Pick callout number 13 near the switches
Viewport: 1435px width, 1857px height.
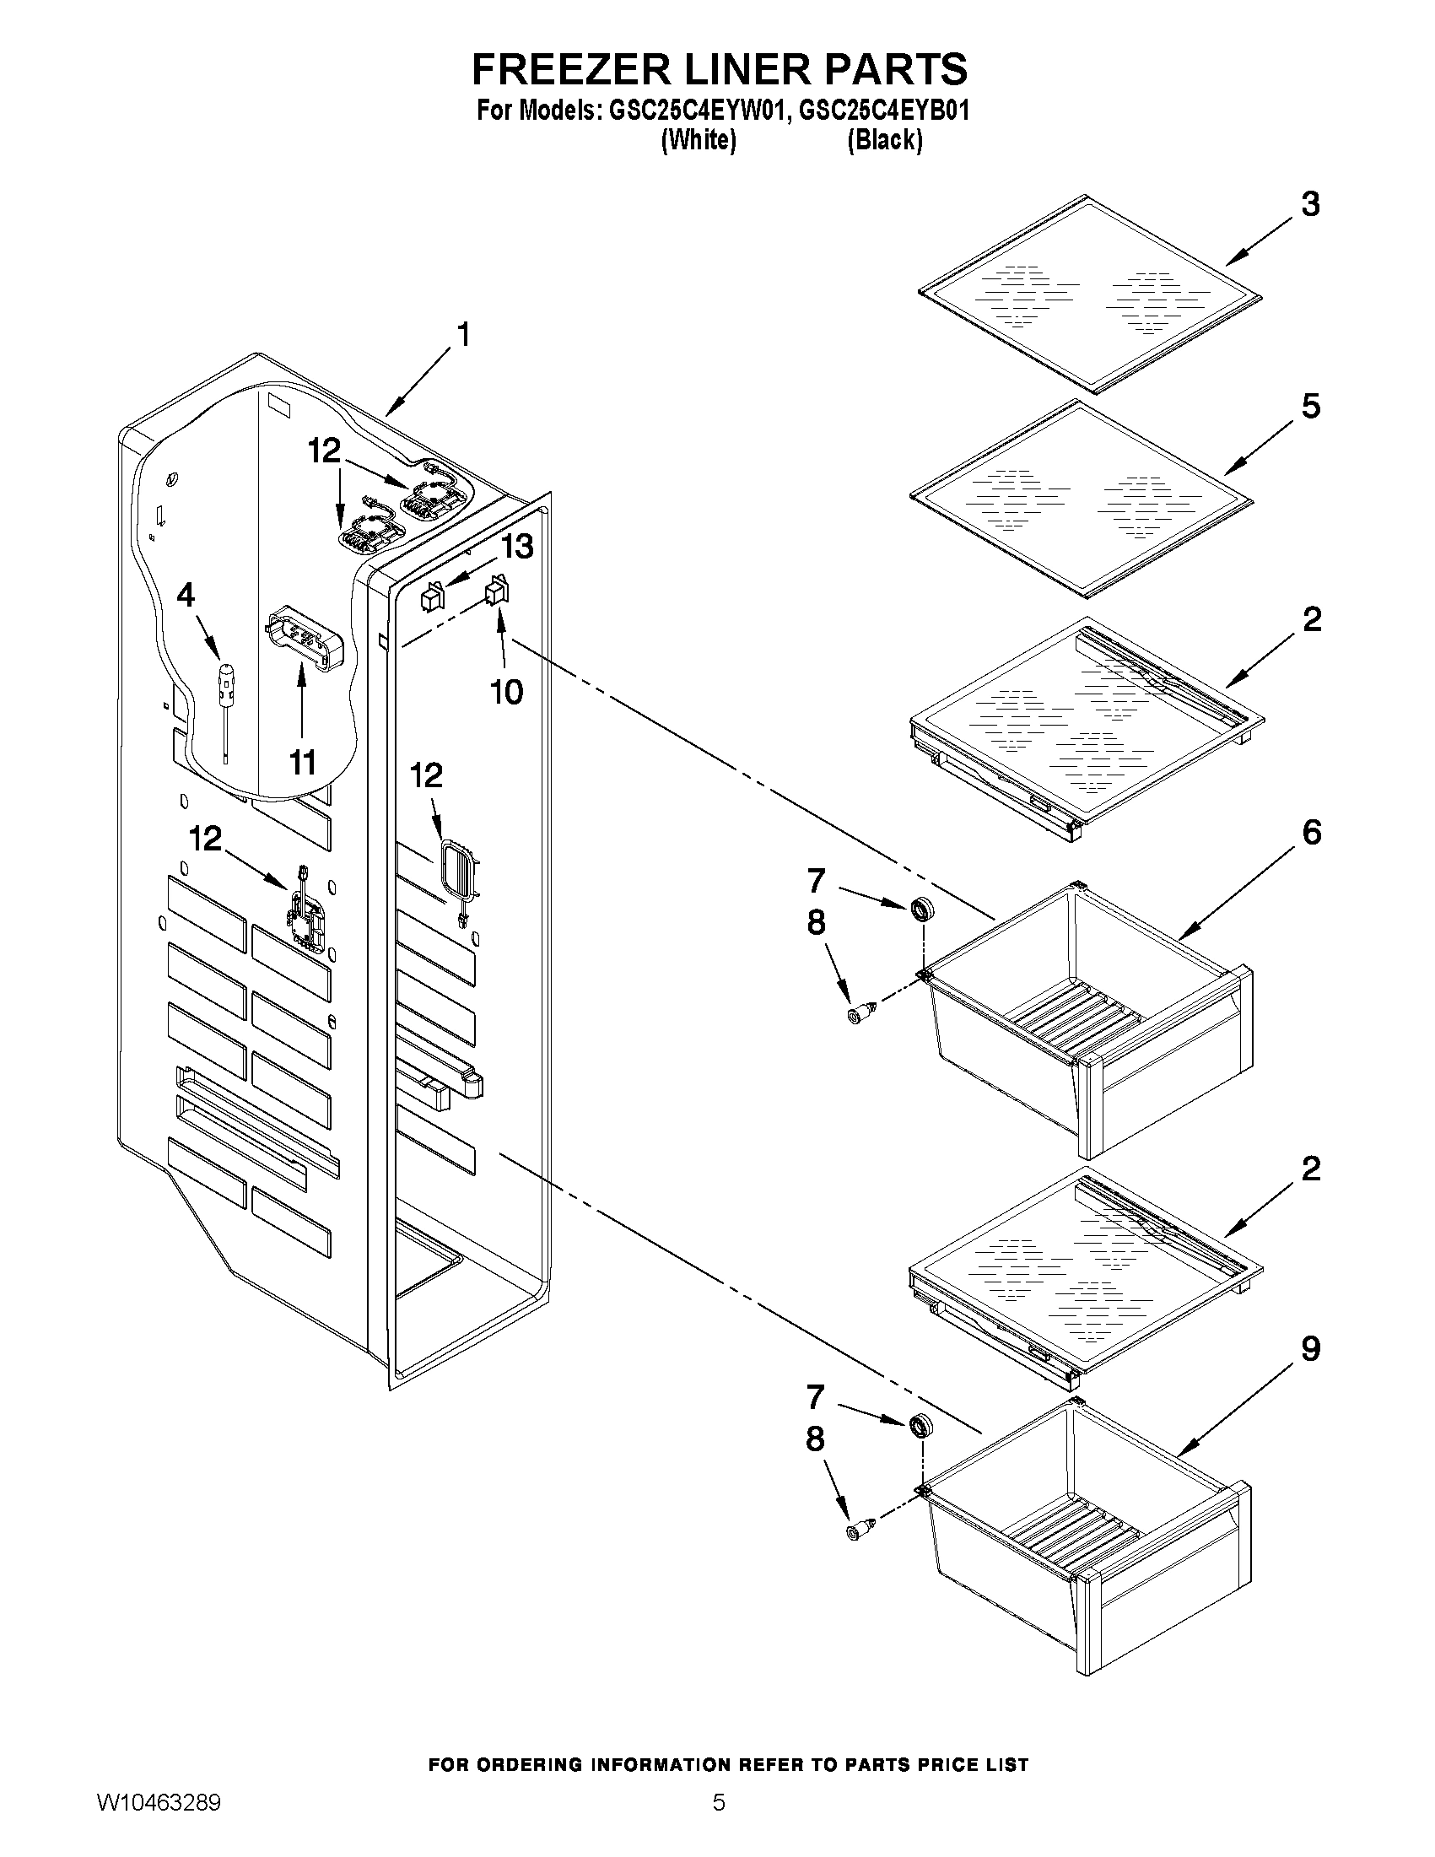point(517,546)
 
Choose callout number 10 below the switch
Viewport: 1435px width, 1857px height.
point(507,692)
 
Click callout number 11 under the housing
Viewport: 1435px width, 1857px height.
point(303,762)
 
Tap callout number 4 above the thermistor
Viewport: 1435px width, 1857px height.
point(186,595)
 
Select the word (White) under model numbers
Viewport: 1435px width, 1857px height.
point(698,139)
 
